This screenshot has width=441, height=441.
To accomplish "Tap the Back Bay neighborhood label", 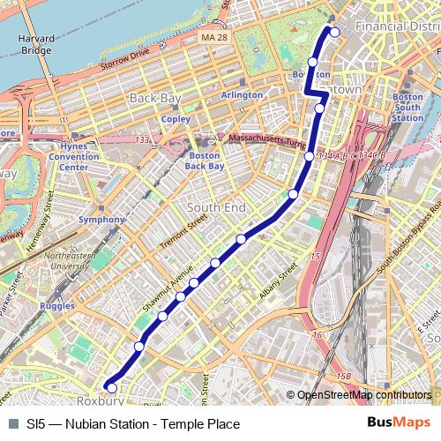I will coord(153,97).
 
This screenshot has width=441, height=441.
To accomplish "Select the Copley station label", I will coord(176,118).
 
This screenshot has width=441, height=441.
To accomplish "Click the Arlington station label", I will coord(242,94).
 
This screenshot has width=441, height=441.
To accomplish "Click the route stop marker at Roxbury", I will coord(111,387).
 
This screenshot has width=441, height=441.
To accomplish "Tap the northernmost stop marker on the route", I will coord(334,33).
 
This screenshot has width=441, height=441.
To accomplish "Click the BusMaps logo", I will coord(399,422).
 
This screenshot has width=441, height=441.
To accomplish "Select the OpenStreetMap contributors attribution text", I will coord(364,395).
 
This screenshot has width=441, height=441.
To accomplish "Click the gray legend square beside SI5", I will coord(13,423).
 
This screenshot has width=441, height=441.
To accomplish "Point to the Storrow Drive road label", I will coord(129,63).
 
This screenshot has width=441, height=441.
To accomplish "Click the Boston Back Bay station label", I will coord(205,160).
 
